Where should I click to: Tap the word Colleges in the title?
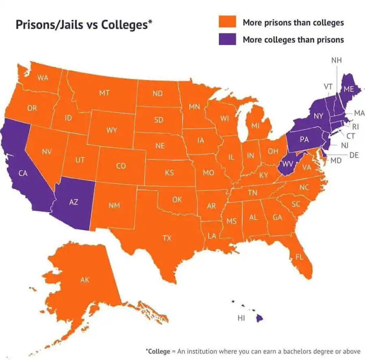click(125, 25)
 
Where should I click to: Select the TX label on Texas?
click(166, 238)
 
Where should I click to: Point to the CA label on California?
click(23, 173)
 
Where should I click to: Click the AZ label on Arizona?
click(74, 202)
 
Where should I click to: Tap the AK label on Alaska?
click(84, 280)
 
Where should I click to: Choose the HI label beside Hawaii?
click(241, 317)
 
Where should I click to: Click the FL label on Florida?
click(299, 257)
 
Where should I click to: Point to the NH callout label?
click(336, 61)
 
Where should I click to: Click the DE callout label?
click(354, 155)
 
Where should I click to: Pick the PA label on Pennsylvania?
click(305, 139)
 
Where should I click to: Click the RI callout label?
click(356, 126)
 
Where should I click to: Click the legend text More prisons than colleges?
click(293, 22)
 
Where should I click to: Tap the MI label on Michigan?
click(255, 126)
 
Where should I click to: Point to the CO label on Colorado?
click(120, 166)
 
